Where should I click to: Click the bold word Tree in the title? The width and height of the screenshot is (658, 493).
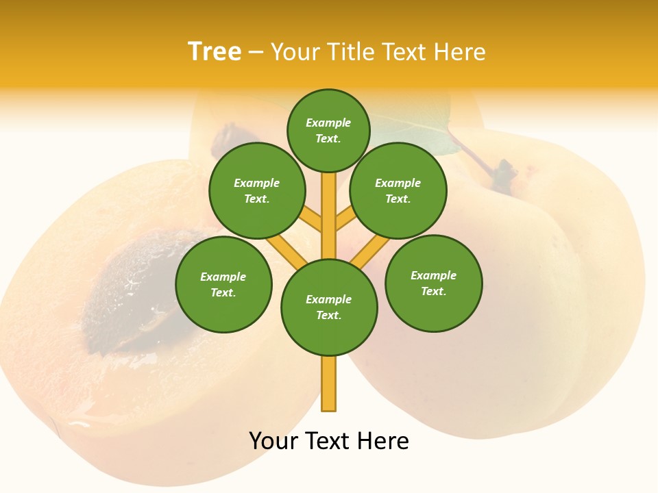[215, 52]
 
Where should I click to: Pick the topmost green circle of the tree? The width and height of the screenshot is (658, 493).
[328, 130]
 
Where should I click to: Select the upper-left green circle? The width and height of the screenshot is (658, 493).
[257, 190]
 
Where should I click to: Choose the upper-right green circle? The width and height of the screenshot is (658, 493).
[398, 190]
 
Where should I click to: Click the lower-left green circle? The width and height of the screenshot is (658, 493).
[223, 284]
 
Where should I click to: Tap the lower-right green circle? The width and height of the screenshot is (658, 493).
[433, 283]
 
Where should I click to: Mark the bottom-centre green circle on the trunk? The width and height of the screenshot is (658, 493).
[329, 307]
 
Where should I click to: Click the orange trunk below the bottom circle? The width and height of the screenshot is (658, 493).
[329, 383]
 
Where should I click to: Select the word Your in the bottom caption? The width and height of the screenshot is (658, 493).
[272, 441]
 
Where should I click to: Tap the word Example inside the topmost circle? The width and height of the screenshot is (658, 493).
[328, 123]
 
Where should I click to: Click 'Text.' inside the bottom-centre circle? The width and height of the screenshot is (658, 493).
[328, 316]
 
